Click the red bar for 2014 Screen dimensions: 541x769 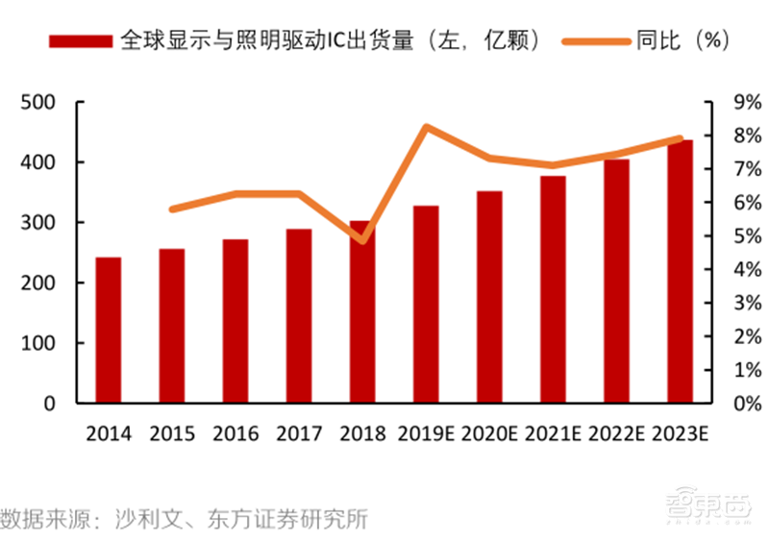pyautogui.click(x=108, y=331)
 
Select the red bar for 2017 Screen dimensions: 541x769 pyautogui.click(x=299, y=316)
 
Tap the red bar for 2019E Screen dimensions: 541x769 pyautogui.click(x=426, y=305)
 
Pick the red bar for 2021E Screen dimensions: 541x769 pyautogui.click(x=553, y=289)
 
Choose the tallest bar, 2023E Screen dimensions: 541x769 pyautogui.click(x=680, y=272)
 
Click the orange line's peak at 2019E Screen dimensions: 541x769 pyautogui.click(x=426, y=127)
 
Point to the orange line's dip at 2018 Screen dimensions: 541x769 pyautogui.click(x=362, y=239)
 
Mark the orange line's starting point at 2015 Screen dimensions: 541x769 pyautogui.click(x=172, y=209)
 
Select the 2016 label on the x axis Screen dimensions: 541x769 pyautogui.click(x=236, y=433)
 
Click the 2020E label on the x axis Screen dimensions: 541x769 pyautogui.click(x=489, y=433)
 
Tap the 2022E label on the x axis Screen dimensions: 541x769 pyautogui.click(x=616, y=433)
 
